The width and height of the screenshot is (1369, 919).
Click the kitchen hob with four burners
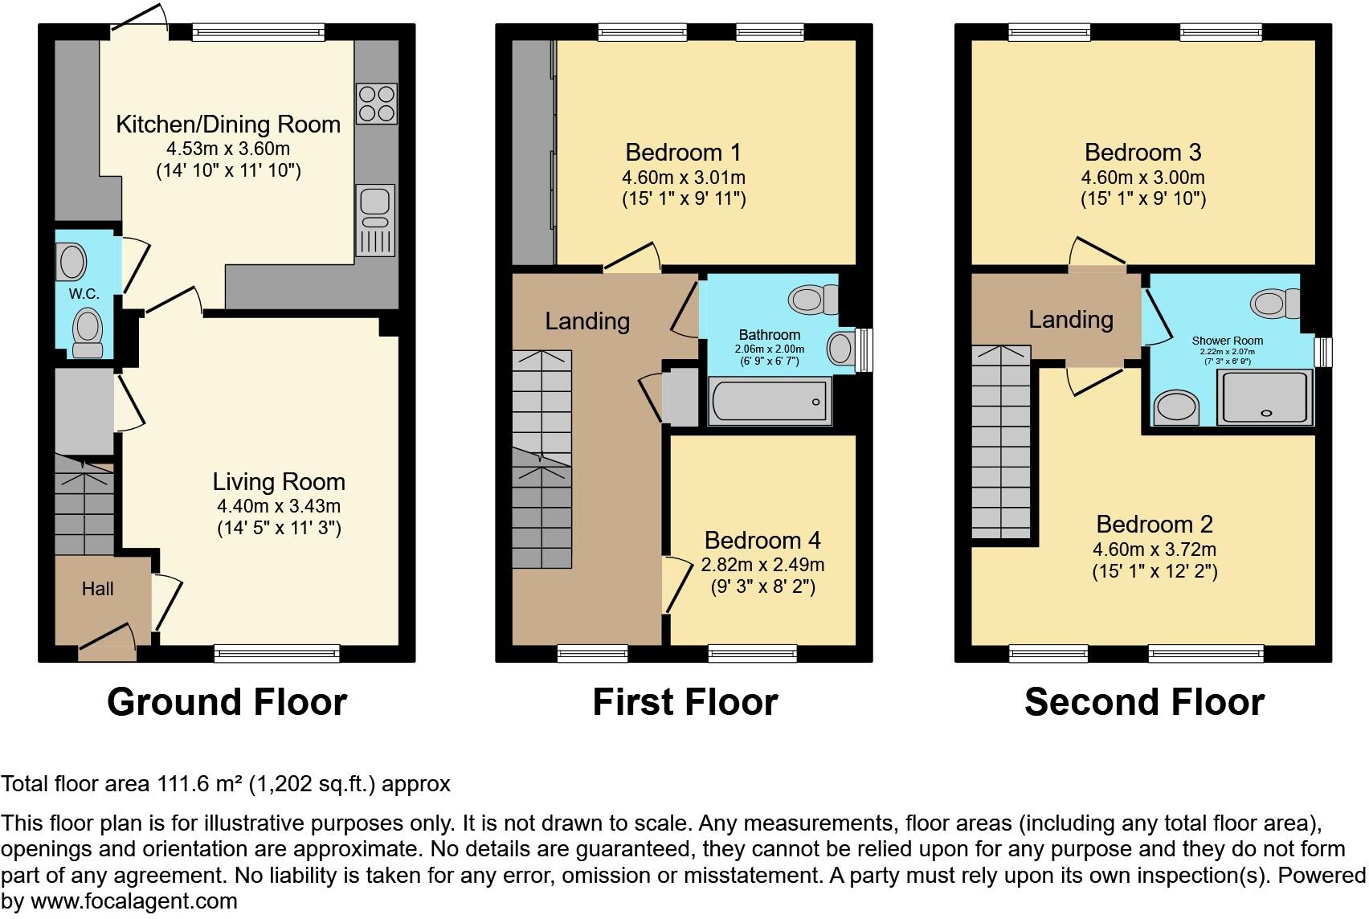pyautogui.click(x=376, y=104)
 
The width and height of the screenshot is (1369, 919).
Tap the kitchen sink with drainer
pyautogui.click(x=375, y=220)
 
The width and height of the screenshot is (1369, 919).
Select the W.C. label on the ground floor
pyautogui.click(x=84, y=294)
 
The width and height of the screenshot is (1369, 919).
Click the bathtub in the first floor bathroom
pyautogui.click(x=769, y=401)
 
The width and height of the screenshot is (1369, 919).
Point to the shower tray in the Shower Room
pyautogui.click(x=1265, y=398)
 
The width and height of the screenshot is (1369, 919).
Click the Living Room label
pyautogui.click(x=279, y=482)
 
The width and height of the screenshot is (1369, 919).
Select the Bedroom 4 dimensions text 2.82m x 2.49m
pyautogui.click(x=762, y=565)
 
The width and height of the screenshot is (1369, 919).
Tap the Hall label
pyautogui.click(x=97, y=589)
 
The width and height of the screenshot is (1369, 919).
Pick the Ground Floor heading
pyautogui.click(x=227, y=702)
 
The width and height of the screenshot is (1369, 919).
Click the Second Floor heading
pyautogui.click(x=1144, y=702)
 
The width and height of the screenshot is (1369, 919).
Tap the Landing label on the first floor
pyautogui.click(x=587, y=321)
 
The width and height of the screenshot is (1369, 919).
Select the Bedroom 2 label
pyautogui.click(x=1154, y=525)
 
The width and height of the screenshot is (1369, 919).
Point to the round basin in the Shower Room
pyautogui.click(x=1175, y=408)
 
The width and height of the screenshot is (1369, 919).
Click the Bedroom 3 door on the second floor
pyautogui.click(x=1097, y=253)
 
